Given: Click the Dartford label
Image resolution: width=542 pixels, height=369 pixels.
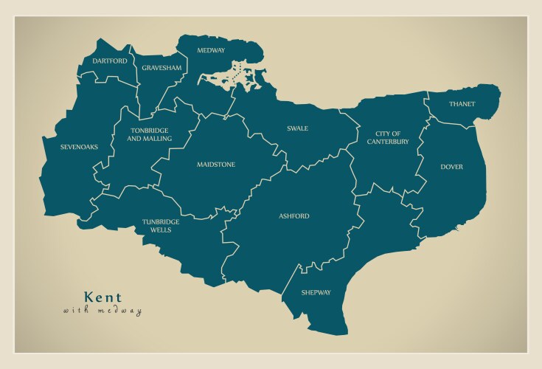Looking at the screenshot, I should click(x=109, y=61).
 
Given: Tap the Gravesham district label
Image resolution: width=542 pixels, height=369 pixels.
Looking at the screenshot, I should click(x=161, y=68).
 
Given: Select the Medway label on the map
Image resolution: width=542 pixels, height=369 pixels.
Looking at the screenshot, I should click(x=211, y=50).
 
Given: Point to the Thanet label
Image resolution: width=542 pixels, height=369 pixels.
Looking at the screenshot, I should click(x=462, y=104).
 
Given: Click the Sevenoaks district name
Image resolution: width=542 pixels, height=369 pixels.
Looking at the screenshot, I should click(x=80, y=147).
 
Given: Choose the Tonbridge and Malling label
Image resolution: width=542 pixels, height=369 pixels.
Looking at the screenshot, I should click(x=150, y=134).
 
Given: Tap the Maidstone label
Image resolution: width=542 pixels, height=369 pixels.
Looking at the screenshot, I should click(x=215, y=165).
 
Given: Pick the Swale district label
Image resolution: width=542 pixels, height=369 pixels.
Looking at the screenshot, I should click(x=297, y=128).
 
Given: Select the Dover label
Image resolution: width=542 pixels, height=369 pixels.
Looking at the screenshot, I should click(x=451, y=167).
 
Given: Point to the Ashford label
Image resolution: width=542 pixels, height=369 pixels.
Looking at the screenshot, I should click(x=294, y=216).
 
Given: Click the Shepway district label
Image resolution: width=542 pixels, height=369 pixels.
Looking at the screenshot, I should click(x=316, y=293).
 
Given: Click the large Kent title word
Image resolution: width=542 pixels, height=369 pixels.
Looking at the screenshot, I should click(x=103, y=297).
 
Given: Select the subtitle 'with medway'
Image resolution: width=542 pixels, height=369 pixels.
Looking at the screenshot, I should click(x=103, y=311).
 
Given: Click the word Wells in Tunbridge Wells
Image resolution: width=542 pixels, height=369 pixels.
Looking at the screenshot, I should click(x=160, y=230).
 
